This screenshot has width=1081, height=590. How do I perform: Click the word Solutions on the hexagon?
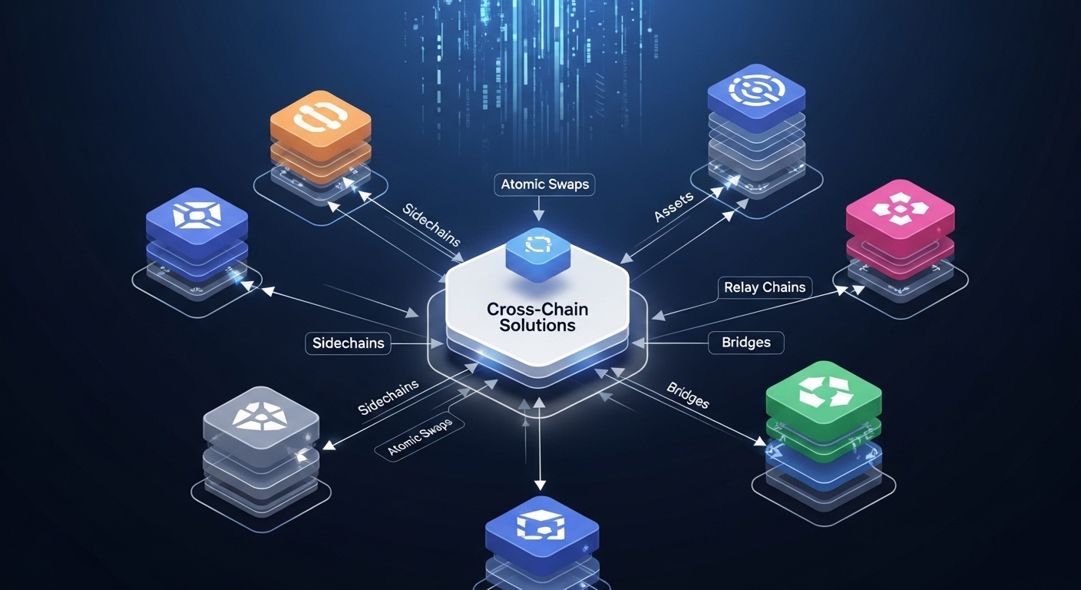[537, 326]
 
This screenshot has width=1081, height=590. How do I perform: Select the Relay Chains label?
[764, 287]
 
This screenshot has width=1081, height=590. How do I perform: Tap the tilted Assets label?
[673, 207]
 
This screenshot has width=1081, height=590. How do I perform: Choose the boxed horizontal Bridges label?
[745, 342]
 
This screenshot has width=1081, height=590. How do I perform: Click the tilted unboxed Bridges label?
[687, 394]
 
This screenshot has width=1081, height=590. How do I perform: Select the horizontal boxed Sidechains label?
[348, 343]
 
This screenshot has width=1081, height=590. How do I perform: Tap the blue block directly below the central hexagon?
[542, 529]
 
